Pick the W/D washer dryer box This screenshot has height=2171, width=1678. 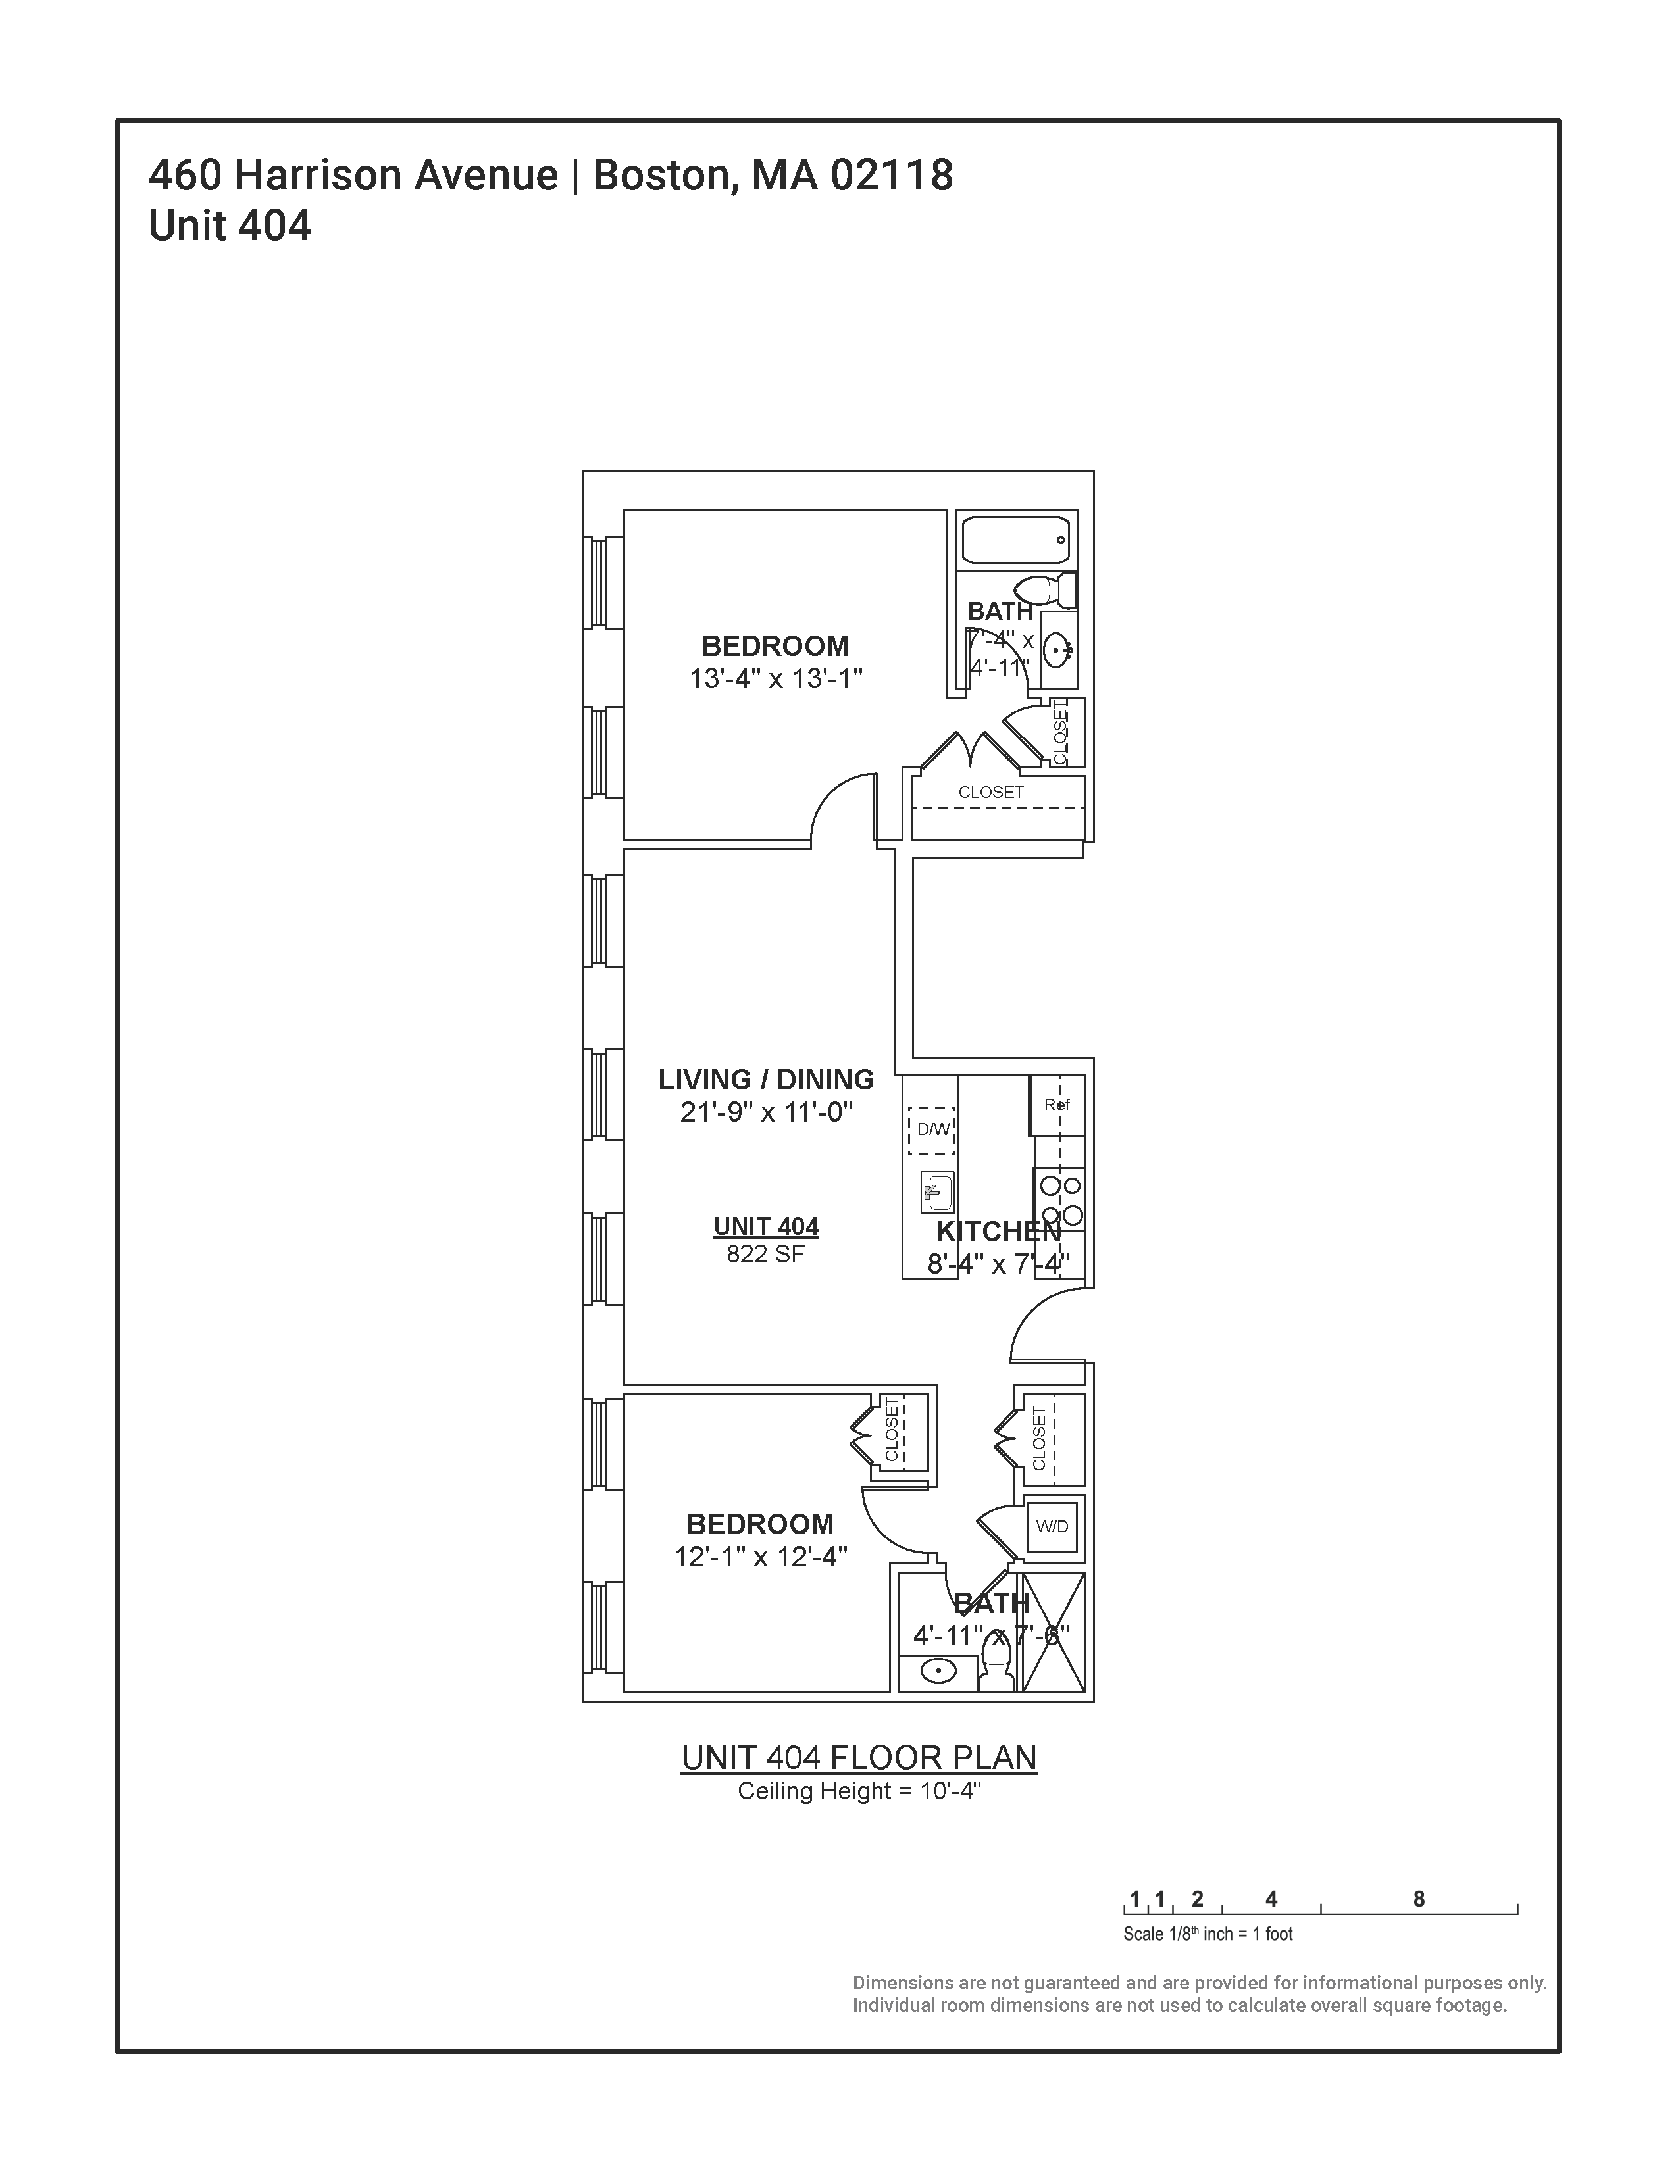tap(1052, 1526)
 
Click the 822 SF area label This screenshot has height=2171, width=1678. tap(765, 1255)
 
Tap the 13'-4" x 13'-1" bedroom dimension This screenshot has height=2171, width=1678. tap(775, 679)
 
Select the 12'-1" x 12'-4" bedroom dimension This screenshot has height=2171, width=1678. tap(761, 1557)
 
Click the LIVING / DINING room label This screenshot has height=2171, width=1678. tap(765, 1080)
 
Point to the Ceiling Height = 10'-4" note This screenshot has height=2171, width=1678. tap(859, 1791)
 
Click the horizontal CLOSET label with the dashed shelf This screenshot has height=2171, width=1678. tap(990, 792)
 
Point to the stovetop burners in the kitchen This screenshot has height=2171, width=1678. tap(1059, 1200)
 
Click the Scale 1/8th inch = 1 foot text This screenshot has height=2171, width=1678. tap(1208, 1934)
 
